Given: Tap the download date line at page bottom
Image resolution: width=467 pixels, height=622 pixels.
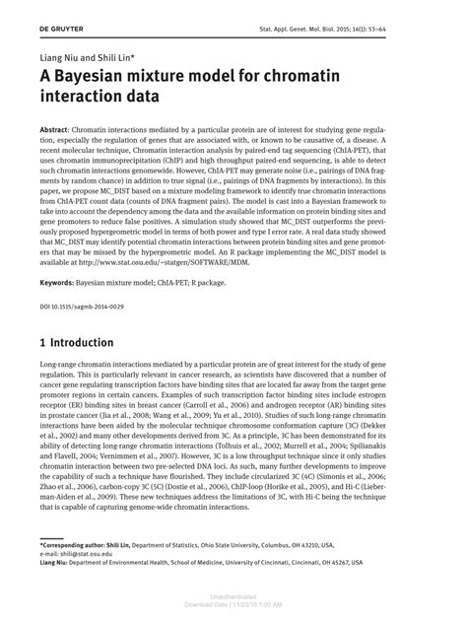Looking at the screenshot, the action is click(x=233, y=604).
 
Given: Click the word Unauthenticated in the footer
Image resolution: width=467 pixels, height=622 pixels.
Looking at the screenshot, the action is click(x=233, y=596).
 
